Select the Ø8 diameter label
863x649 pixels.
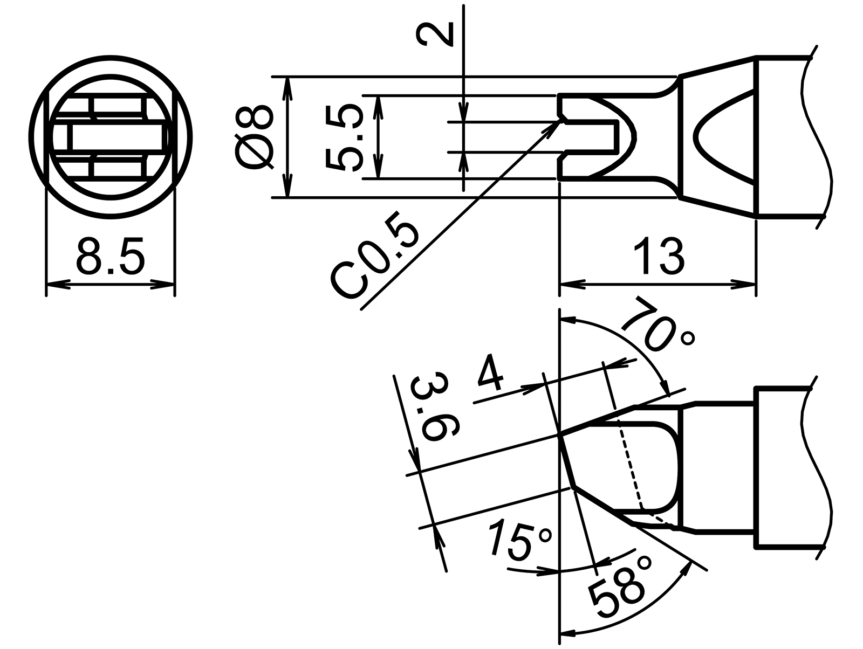pos(255,137)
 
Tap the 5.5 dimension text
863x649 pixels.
pos(344,137)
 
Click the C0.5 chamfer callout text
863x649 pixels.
pos(377,261)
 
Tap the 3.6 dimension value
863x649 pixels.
pos(435,409)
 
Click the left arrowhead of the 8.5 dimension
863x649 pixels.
pos(54,284)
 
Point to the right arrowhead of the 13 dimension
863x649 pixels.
pos(747,284)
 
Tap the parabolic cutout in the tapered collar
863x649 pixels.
pos(720,137)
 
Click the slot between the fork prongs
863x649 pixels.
pos(591,137)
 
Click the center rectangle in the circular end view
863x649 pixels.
pos(115,137)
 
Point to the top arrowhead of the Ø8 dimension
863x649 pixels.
pos(288,84)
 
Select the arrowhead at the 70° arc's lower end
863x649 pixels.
pos(667,390)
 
